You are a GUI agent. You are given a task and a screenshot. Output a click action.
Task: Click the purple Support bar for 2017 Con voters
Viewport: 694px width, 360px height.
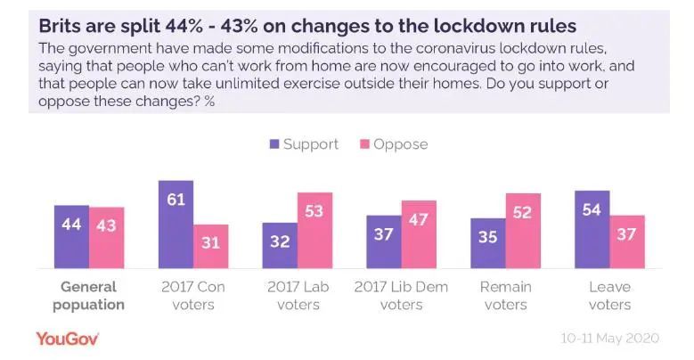tap(176, 225)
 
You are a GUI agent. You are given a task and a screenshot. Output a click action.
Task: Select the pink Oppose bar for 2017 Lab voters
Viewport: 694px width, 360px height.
tap(314, 231)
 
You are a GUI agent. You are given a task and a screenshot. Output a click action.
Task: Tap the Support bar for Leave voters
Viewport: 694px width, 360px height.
tap(592, 229)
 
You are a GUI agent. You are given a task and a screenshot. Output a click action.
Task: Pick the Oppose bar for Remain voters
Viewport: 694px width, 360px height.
tap(523, 231)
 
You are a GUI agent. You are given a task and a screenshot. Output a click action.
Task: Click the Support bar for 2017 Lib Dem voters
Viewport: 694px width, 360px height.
tap(384, 241)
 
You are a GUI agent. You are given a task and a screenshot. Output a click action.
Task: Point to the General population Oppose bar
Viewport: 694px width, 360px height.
tap(106, 237)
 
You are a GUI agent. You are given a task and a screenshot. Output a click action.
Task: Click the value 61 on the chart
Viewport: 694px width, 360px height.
tap(176, 199)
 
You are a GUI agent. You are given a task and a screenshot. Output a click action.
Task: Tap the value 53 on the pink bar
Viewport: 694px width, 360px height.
tap(314, 211)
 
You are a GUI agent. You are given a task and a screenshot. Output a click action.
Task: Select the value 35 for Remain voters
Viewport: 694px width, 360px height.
tap(488, 239)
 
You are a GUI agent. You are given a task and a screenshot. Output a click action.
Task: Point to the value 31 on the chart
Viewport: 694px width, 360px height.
tap(210, 243)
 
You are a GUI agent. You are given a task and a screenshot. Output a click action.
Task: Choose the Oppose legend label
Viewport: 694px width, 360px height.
tap(401, 144)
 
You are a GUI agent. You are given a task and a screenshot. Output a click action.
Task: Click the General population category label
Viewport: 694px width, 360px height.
tap(89, 296)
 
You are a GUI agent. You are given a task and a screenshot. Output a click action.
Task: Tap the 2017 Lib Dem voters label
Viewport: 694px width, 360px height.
tap(401, 296)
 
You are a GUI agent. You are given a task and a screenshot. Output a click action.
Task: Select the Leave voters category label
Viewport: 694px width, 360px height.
tap(610, 296)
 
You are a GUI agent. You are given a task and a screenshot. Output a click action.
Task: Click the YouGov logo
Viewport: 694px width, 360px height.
tap(67, 339)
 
